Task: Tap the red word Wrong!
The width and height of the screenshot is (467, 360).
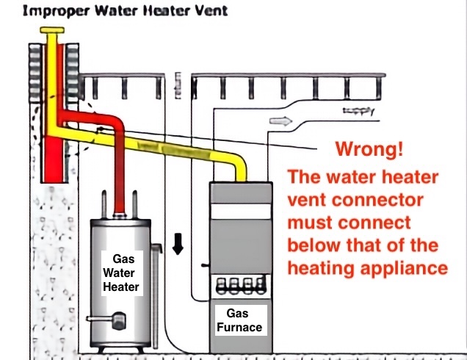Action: (369, 151)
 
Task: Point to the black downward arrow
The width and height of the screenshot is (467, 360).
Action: (177, 245)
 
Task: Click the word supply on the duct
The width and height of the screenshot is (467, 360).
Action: (358, 112)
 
